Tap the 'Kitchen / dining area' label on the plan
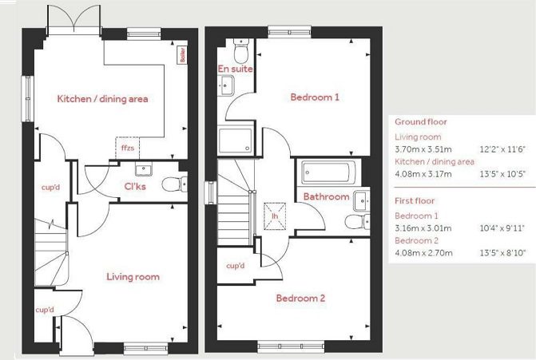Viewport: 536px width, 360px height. click(x=102, y=99)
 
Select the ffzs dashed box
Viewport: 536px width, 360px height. click(x=128, y=146)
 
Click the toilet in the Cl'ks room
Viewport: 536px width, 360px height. click(x=171, y=185)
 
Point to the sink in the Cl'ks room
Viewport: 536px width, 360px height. click(x=145, y=170)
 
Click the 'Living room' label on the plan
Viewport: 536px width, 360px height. click(x=133, y=277)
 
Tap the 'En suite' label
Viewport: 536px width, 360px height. click(x=236, y=69)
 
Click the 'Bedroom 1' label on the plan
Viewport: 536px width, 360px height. click(x=315, y=97)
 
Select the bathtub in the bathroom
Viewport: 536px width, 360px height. click(x=328, y=172)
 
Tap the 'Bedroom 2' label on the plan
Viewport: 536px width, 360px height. click(x=300, y=299)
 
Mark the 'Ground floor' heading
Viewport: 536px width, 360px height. click(x=420, y=122)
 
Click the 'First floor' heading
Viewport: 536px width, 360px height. click(x=415, y=200)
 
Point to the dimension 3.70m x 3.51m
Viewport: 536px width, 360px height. click(x=423, y=149)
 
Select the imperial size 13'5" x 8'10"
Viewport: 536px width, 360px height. click(x=502, y=253)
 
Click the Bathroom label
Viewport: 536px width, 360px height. click(x=326, y=196)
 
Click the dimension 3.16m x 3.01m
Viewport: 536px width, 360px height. click(x=423, y=227)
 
